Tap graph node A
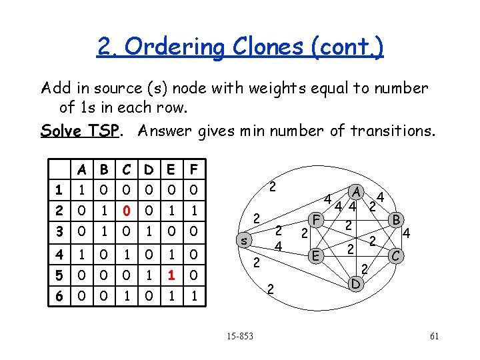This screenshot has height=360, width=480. [357, 193]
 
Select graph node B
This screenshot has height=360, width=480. [396, 219]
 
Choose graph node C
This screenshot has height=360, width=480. [397, 255]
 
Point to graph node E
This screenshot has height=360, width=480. [317, 255]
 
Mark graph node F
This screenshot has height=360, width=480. [318, 219]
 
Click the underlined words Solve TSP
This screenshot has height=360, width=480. [79, 131]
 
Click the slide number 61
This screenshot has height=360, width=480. [434, 336]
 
